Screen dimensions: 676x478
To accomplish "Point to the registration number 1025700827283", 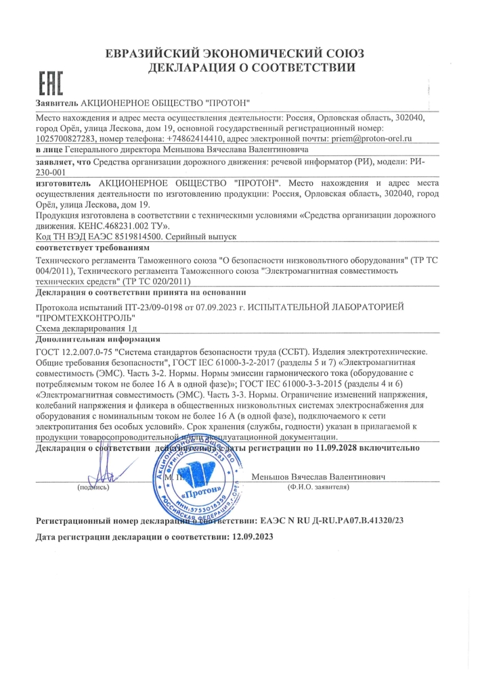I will [66, 138].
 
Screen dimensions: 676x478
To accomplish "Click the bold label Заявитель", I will [57, 103].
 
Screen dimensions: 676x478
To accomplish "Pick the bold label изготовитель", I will [62, 183].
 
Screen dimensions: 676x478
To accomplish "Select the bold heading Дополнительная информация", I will [97, 339].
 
